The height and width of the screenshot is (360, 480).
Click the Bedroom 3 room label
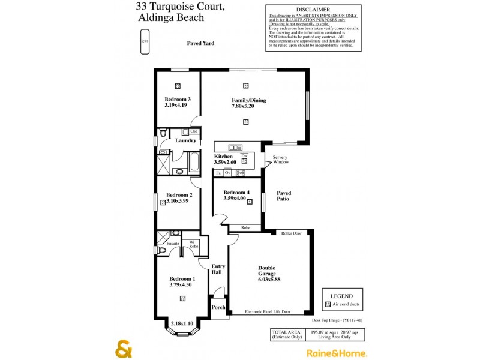(x=178, y=99)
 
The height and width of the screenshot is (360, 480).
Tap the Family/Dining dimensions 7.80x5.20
(x=248, y=106)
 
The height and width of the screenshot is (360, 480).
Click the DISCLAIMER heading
(x=310, y=9)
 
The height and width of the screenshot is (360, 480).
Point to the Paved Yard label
(x=200, y=43)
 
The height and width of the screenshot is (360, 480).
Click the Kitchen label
(x=223, y=155)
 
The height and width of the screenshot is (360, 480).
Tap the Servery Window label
(x=281, y=160)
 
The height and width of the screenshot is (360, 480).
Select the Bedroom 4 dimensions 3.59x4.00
(x=235, y=198)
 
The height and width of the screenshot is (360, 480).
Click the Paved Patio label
(x=284, y=196)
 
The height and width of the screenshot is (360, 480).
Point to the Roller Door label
(x=291, y=233)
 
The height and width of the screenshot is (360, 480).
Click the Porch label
(x=218, y=307)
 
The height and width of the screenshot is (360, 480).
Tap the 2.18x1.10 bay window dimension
(x=181, y=323)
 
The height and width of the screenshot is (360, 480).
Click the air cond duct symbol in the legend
(x=328, y=305)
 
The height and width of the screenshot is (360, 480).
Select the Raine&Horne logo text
(x=337, y=353)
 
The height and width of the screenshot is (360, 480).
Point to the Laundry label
(x=186, y=140)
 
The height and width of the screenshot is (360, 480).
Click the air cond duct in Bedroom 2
(x=163, y=203)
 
